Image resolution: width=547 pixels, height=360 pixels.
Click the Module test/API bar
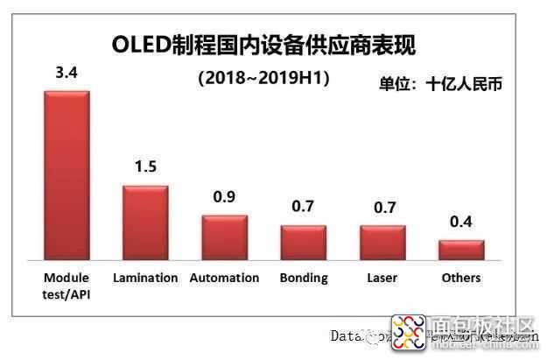(67, 174)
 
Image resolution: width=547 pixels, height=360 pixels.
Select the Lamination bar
(145, 221)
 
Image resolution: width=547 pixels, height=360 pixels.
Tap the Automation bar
(225, 236)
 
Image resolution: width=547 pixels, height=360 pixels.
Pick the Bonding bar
(304, 242)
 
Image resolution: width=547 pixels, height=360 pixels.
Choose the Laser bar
(382, 242)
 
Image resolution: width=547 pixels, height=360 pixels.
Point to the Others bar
(461, 249)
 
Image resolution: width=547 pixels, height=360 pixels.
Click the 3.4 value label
(67, 74)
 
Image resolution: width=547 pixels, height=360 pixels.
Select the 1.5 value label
(145, 167)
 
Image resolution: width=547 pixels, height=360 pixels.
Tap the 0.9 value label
(225, 197)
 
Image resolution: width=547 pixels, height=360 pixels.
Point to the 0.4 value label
(461, 222)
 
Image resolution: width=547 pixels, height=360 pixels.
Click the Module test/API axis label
(67, 285)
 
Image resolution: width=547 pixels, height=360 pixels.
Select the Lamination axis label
(145, 278)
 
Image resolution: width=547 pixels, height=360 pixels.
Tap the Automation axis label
(225, 278)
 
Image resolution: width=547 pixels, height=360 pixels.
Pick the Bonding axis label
(304, 278)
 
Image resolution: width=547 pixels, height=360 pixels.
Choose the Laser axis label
(382, 278)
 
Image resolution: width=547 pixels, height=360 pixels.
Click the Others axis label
(461, 278)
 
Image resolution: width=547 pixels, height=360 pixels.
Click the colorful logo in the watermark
(408, 334)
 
